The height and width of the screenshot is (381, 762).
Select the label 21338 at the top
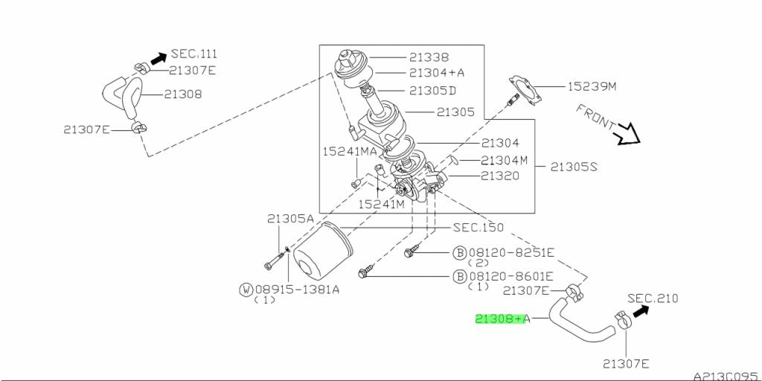(429, 57)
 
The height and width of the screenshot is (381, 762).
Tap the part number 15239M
(592, 86)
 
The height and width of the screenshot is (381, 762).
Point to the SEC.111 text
(194, 54)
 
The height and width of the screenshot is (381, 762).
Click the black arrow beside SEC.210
(638, 308)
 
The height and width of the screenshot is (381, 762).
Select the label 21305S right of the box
(574, 167)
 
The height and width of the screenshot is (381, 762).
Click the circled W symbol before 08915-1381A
(245, 289)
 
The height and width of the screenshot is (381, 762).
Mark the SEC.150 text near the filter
(478, 227)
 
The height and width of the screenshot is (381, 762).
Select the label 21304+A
(437, 73)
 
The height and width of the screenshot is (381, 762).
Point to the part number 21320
(500, 176)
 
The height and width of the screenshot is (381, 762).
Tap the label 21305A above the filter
(291, 218)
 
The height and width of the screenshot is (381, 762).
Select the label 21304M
(504, 159)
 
